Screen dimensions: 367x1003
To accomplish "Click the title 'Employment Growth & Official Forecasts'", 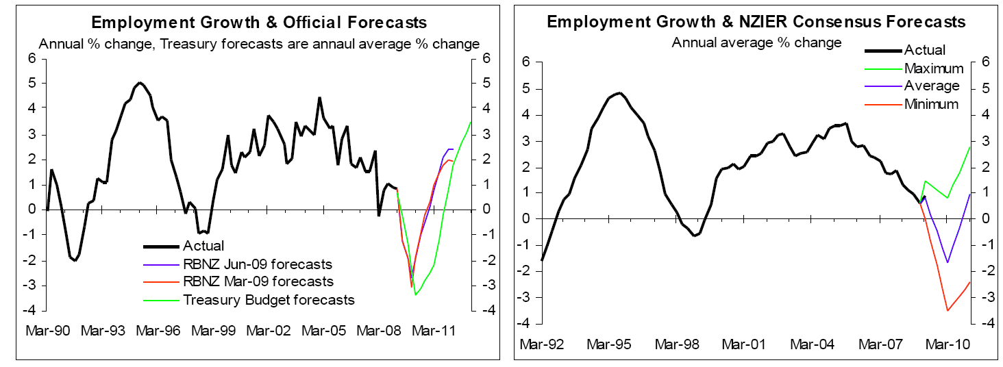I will (x=259, y=23).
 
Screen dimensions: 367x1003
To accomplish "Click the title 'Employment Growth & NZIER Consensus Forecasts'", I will (x=756, y=22).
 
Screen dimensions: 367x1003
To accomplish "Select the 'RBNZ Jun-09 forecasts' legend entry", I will (x=257, y=264).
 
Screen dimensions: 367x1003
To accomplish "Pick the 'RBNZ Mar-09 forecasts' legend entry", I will (x=257, y=281).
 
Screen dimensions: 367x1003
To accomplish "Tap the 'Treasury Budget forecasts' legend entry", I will (x=269, y=299).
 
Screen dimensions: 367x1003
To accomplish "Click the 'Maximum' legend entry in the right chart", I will (x=933, y=68).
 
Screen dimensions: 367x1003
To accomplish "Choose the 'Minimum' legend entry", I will (x=932, y=104).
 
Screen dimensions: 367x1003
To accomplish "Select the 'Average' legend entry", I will (x=932, y=86).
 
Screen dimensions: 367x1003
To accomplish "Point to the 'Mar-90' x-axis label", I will (x=47, y=330).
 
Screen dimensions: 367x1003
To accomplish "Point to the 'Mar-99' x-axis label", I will (x=214, y=330).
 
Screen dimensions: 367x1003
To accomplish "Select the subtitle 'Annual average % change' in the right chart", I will (x=756, y=42).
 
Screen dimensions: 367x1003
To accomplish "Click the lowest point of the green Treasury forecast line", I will (x=415, y=294).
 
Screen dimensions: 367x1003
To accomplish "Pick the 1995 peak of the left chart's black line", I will (x=140, y=82).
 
